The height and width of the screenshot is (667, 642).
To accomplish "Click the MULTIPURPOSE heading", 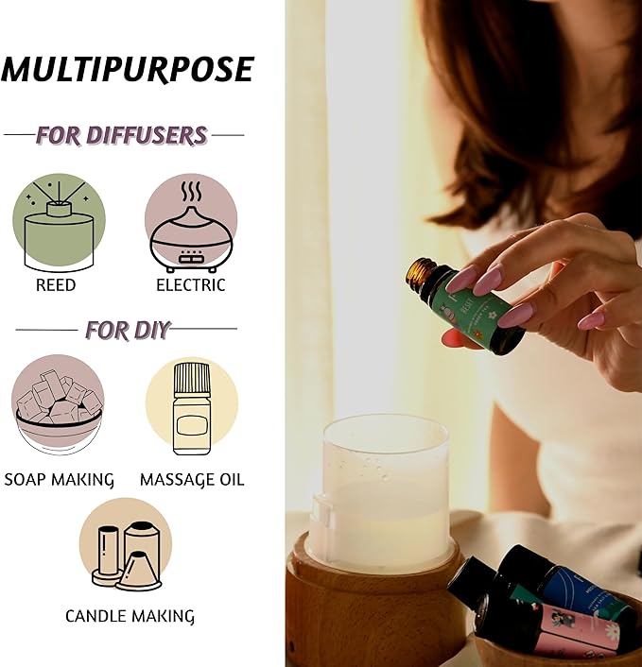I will click(128, 69).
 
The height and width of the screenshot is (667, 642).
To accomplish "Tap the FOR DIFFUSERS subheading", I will click(121, 135).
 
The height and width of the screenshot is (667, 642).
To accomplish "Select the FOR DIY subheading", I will click(128, 330).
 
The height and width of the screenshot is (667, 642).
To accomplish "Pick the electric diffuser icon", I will click(191, 223).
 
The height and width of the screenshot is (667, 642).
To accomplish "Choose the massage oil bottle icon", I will click(191, 405).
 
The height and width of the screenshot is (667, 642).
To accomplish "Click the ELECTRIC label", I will click(191, 284).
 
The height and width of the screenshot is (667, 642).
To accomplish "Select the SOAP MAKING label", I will click(59, 480).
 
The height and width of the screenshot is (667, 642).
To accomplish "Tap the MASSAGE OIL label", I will click(192, 480).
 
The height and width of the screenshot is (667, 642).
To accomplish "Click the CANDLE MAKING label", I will click(130, 617).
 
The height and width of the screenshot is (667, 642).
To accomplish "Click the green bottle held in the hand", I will click(473, 311).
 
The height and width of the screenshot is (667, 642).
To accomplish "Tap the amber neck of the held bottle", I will click(420, 273).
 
